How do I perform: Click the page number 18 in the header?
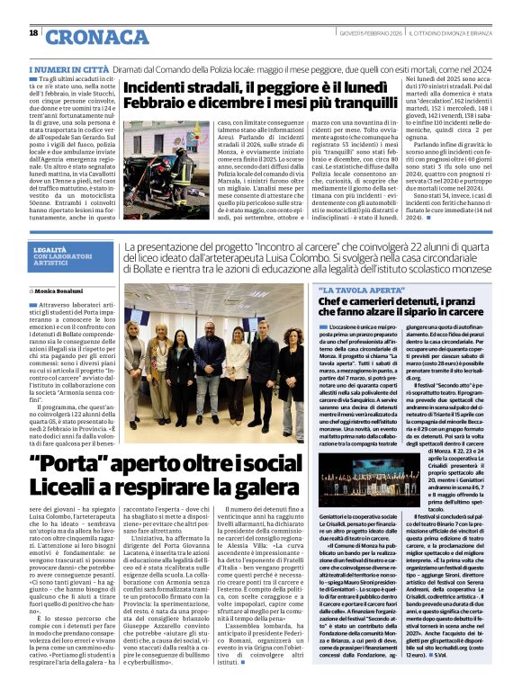point(33,33)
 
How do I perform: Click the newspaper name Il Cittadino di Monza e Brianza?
point(449,33)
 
